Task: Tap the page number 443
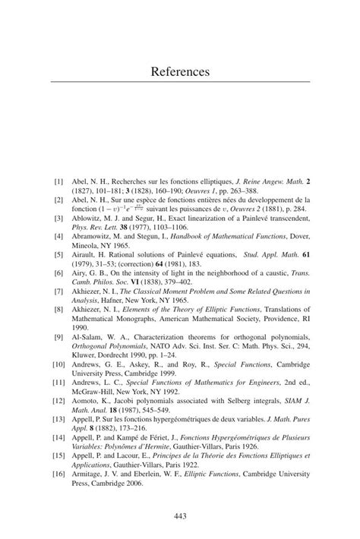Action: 180,516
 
